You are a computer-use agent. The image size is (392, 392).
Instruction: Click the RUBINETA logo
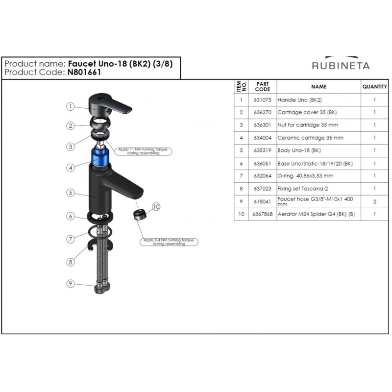point(341,63)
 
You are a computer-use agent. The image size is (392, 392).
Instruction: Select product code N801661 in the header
point(84,72)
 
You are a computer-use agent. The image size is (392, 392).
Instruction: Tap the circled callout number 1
point(71,106)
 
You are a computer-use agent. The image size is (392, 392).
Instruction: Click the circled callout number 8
point(71,262)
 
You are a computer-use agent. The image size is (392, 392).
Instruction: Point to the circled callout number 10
point(156,207)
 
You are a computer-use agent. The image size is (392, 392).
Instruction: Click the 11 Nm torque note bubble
point(143,151)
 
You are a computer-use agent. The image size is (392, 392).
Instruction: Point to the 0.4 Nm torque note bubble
point(169,242)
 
